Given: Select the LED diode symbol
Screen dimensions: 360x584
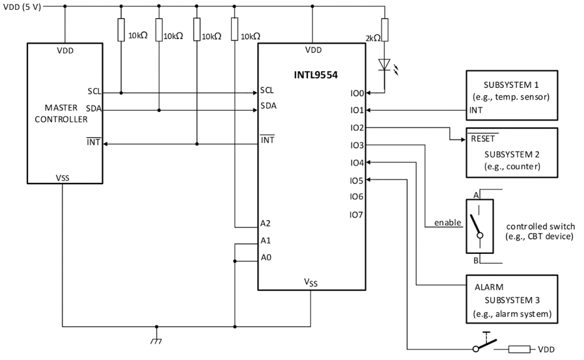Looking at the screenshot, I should click(x=385, y=65).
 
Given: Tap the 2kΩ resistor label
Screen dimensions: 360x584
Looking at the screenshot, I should click(x=372, y=38).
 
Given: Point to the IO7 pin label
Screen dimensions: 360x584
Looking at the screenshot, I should click(x=356, y=214).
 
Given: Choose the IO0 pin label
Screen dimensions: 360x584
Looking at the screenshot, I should click(x=356, y=93).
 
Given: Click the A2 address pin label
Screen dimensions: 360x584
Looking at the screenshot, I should click(x=265, y=223).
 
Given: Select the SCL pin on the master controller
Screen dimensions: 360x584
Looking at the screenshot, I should click(x=94, y=92).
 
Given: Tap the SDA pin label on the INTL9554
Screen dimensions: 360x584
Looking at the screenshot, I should click(x=268, y=105).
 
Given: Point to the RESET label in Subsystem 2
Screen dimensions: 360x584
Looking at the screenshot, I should click(x=482, y=139).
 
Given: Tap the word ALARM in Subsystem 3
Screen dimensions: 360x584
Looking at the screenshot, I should click(x=489, y=286).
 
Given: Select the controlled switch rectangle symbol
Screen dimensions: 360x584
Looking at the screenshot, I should click(x=479, y=225).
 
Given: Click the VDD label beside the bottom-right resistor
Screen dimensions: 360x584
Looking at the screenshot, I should click(x=546, y=350).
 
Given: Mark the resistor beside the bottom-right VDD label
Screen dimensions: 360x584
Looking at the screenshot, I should click(x=519, y=350).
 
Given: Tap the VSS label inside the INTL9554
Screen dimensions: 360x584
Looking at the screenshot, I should click(x=312, y=282).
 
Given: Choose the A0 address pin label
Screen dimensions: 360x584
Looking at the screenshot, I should click(x=265, y=258).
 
